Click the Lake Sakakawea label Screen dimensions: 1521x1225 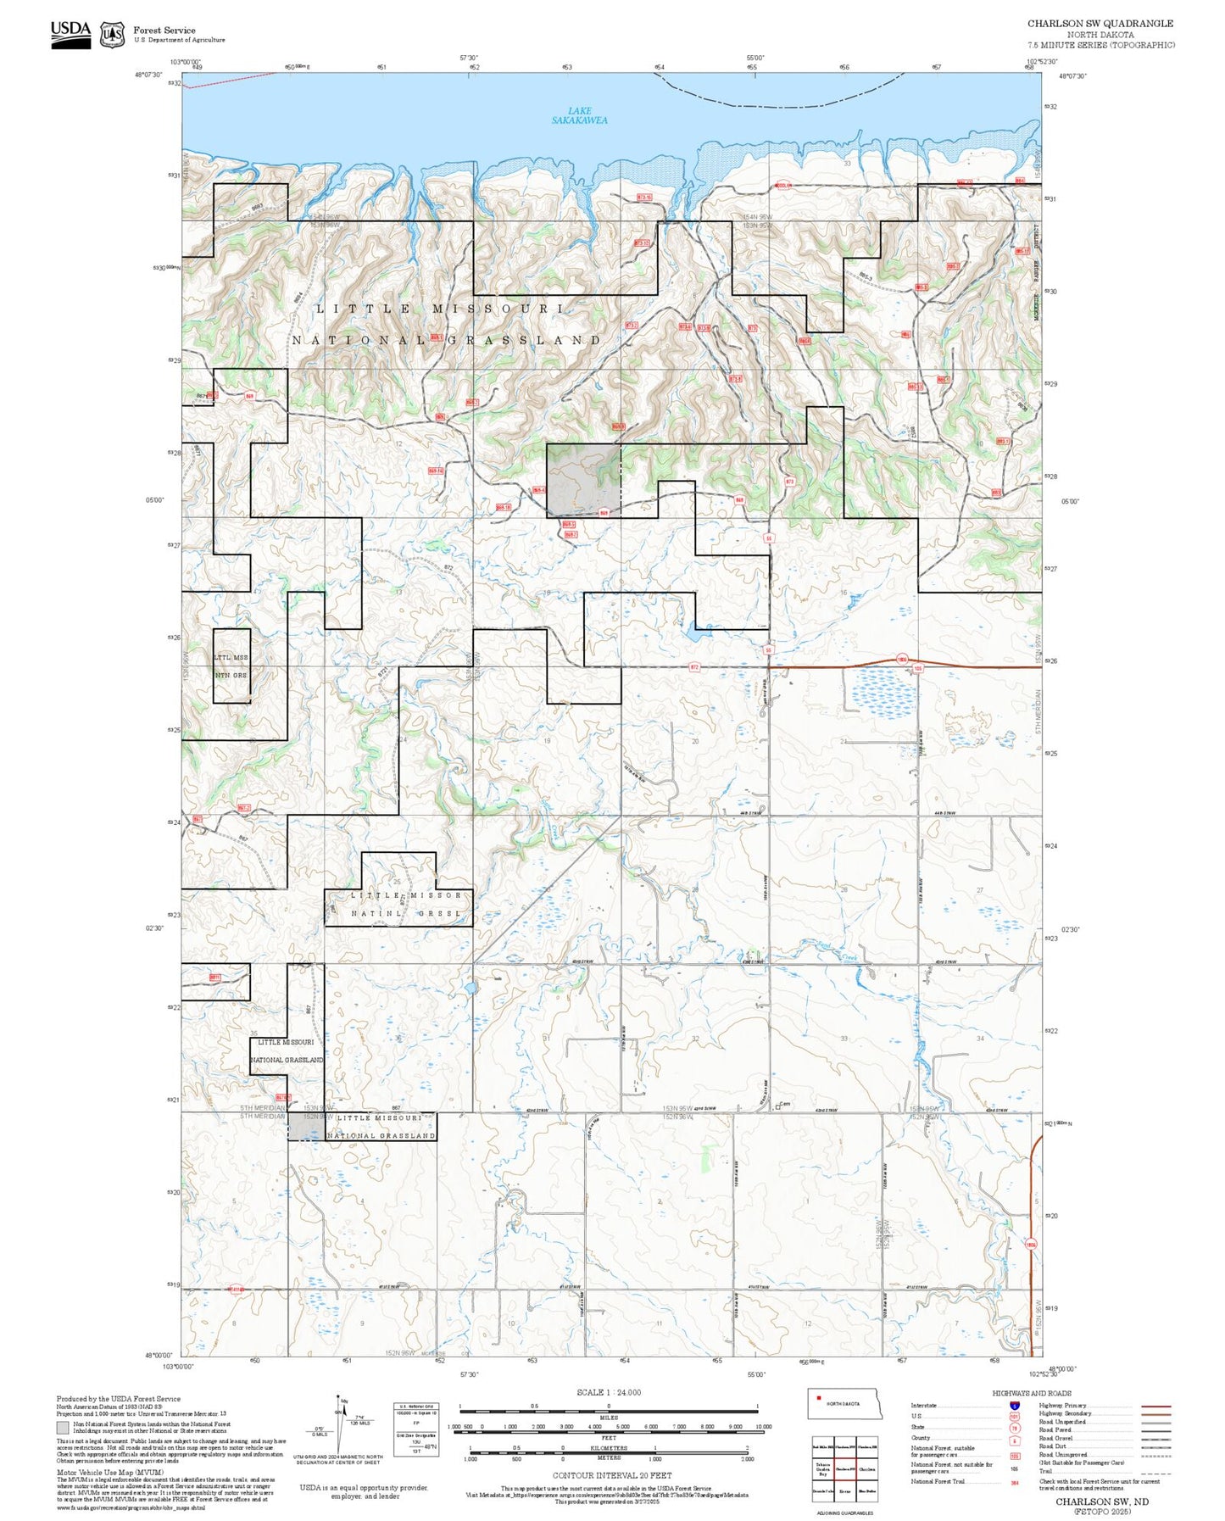[580, 115]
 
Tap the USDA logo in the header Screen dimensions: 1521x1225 [70, 33]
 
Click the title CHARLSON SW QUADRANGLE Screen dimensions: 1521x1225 [1100, 24]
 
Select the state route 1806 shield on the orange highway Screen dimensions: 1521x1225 [902, 659]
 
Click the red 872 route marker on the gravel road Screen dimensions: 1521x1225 [694, 667]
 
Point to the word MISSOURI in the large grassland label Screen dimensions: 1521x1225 [498, 309]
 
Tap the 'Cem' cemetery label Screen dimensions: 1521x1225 [785, 1103]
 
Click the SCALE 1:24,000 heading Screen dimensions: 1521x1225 [609, 1392]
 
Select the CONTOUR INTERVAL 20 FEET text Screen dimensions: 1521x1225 [609, 1476]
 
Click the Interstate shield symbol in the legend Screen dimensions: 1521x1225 [1014, 1406]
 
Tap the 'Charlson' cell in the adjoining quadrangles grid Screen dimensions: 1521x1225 [866, 1469]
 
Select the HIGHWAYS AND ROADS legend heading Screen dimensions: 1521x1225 [1032, 1393]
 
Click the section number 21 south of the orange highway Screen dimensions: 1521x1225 [844, 742]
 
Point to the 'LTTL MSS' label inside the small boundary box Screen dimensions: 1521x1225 [231, 657]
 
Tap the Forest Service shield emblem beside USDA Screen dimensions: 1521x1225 [112, 34]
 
